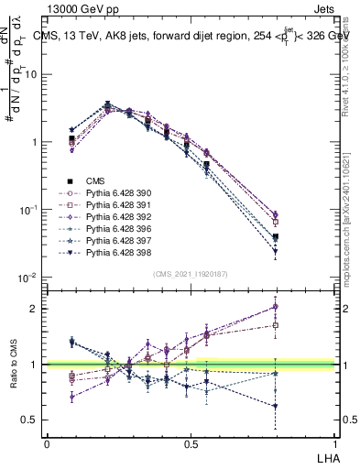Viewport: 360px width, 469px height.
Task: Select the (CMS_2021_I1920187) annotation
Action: pyautogui.click(x=190, y=274)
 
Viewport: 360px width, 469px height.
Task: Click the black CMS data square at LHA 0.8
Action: pyautogui.click(x=276, y=237)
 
